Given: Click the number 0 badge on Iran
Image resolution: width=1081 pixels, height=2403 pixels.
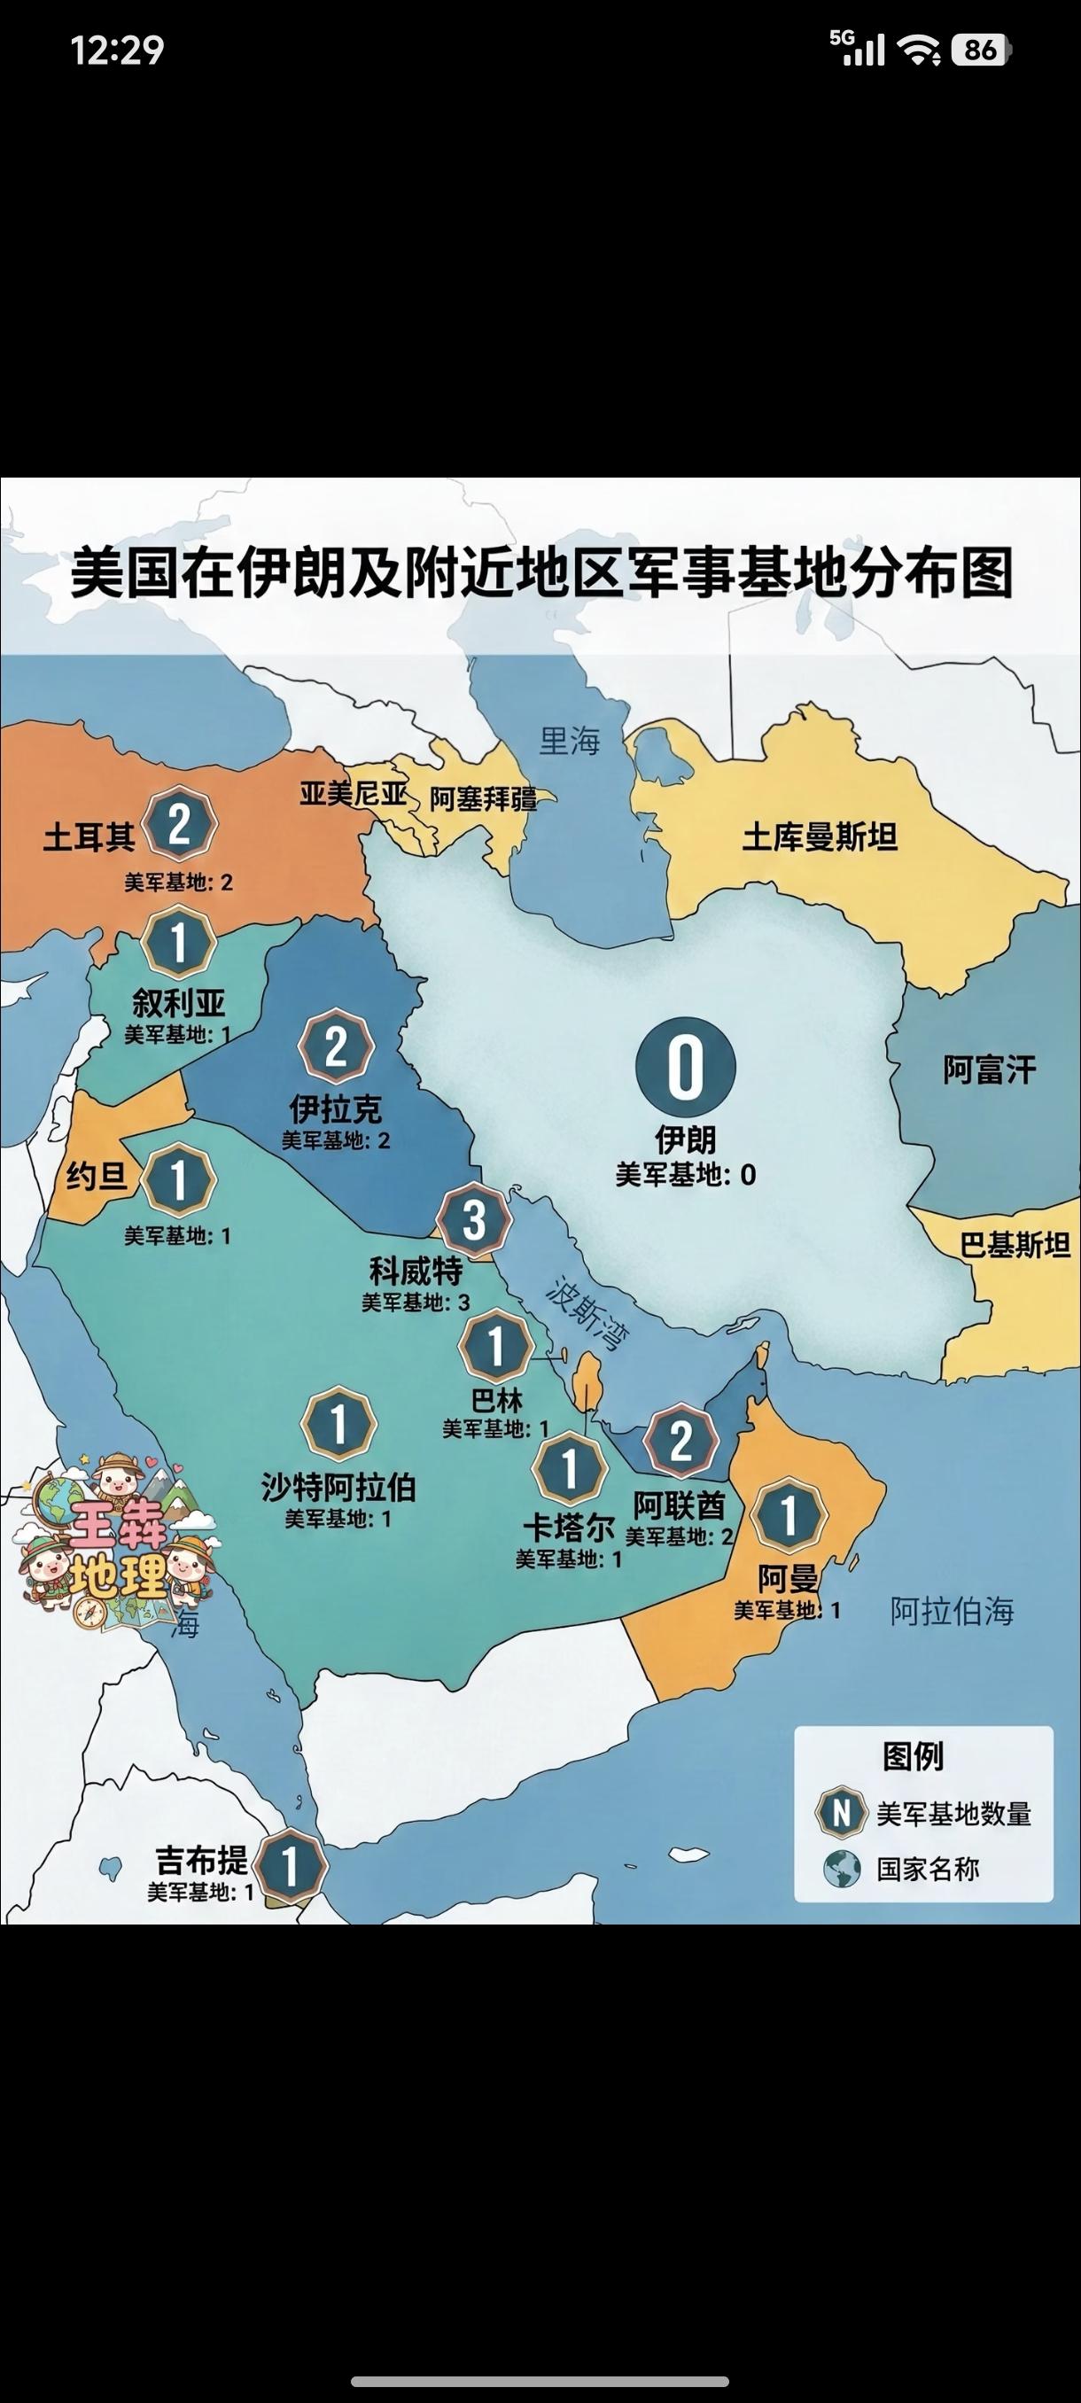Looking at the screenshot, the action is pos(686,1067).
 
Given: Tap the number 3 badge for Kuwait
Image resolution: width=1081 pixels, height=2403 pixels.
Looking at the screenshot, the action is pos(475,1219).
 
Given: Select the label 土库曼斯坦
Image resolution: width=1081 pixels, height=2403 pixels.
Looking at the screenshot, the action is pos(819,836).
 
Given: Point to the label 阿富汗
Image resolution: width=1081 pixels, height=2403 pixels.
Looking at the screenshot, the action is pos(989,1069).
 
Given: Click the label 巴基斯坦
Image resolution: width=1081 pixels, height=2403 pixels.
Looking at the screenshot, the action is pos(1015,1244).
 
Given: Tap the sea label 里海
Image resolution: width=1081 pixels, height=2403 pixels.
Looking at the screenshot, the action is pos(570,742).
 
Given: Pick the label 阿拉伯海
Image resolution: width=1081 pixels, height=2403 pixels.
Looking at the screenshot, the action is pos(952,1611).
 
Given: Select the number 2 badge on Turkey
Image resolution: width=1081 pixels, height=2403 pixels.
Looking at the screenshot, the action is pos(179,824).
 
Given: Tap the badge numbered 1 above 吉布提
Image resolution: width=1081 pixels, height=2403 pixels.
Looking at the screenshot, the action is pos(290,1868).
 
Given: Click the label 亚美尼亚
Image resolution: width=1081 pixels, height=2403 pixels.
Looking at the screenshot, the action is pos(353,794).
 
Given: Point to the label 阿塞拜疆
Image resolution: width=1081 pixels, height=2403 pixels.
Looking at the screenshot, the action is pos(483,799).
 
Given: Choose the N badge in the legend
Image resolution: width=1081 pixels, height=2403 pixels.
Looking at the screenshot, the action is pos(841,1813).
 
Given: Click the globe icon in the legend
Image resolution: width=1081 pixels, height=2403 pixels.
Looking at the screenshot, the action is pos(841,1869).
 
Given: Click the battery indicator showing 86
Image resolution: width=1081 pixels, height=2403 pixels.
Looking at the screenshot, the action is pos(980,50).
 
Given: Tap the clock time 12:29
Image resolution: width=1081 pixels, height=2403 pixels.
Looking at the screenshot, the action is pos(118,50).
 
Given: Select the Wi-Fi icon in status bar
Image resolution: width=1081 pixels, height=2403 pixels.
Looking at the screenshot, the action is pos(919,50).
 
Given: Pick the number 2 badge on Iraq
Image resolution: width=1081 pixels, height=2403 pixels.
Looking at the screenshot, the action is pos(336,1046).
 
